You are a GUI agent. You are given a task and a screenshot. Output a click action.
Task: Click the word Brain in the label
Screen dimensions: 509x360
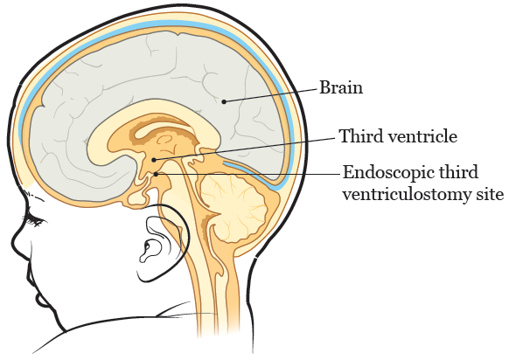click(x=341, y=87)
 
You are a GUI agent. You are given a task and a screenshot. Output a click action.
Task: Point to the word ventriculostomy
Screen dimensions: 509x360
click(x=400, y=195)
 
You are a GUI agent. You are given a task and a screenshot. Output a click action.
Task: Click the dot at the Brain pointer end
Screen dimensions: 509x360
click(x=224, y=102)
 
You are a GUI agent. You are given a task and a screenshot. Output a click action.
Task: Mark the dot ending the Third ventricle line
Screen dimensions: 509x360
click(x=154, y=160)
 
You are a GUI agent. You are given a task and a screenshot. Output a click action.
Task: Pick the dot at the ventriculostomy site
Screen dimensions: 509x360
click(x=157, y=174)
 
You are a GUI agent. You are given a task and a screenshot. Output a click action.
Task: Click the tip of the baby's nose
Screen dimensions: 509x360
click(x=14, y=241)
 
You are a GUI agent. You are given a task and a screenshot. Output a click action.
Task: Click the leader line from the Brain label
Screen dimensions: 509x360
click(x=270, y=94)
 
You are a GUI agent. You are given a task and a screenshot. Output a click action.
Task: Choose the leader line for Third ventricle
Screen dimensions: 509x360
click(x=244, y=149)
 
